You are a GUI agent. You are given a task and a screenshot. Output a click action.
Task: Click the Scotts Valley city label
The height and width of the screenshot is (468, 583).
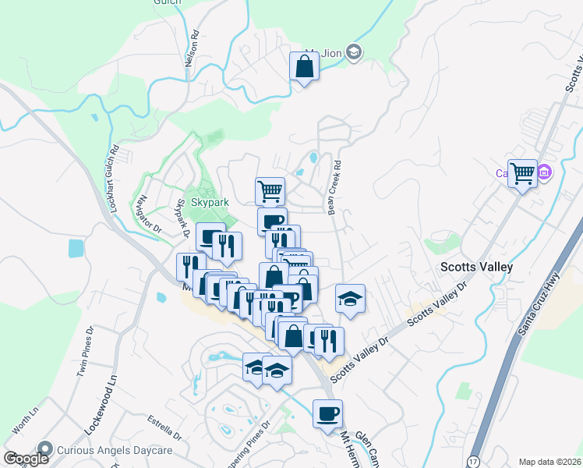[476, 267]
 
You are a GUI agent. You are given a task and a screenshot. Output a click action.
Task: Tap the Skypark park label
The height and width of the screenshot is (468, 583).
[210, 202]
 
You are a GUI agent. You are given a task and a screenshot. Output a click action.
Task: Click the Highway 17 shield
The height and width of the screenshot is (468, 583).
[473, 462]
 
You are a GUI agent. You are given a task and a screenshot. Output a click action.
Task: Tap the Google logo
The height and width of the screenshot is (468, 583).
[26, 459]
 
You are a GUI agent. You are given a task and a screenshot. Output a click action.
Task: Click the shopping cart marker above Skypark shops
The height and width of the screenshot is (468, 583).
[270, 190]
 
